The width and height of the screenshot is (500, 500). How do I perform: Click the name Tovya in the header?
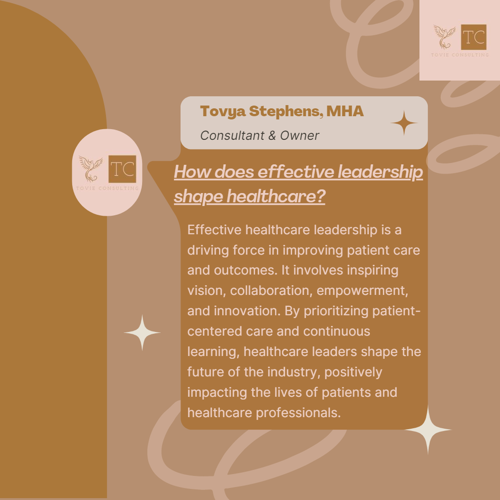(223, 112)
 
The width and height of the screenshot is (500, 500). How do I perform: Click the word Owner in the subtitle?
(300, 136)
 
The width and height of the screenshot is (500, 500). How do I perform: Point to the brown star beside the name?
(404, 123)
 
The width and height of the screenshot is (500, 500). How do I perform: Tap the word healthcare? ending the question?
(276, 197)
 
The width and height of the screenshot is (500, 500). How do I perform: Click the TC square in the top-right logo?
(474, 37)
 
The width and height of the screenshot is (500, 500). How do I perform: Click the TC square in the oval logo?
(122, 169)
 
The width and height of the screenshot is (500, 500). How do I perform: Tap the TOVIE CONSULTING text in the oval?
(107, 188)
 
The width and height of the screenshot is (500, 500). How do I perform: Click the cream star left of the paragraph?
(142, 332)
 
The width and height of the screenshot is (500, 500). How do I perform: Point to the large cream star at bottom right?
(428, 430)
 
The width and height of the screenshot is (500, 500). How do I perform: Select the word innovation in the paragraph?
(244, 311)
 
